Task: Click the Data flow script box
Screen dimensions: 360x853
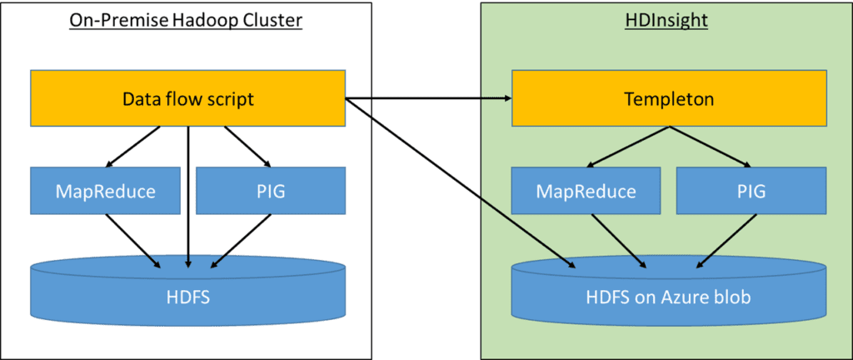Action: pyautogui.click(x=187, y=99)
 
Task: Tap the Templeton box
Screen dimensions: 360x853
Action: pyautogui.click(x=668, y=99)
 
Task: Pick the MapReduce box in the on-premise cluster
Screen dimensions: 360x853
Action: pyautogui.click(x=105, y=191)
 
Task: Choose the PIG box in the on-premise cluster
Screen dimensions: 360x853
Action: pyautogui.click(x=270, y=191)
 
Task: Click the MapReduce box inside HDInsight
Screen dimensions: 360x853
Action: pyautogui.click(x=586, y=191)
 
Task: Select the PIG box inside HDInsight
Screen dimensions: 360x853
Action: pyautogui.click(x=751, y=191)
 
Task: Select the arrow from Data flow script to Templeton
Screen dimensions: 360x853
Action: pyautogui.click(x=428, y=99)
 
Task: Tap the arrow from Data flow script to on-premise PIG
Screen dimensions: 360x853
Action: pyautogui.click(x=246, y=146)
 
